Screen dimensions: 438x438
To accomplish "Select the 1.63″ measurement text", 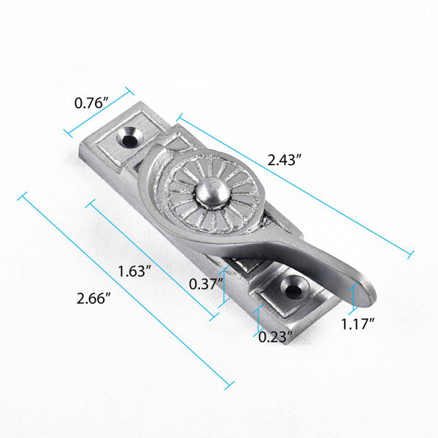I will tap(134, 271).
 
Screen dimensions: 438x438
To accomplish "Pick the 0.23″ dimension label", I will tap(275, 337).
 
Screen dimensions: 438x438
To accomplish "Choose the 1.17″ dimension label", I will tap(360, 322).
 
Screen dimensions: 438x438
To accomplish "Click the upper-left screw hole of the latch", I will tap(132, 137).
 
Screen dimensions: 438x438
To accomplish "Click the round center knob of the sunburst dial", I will tap(207, 192).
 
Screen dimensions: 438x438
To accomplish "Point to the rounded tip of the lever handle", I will tap(367, 296).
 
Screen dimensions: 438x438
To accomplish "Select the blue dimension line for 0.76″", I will tap(99, 113).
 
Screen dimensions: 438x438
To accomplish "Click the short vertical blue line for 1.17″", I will tap(354, 299).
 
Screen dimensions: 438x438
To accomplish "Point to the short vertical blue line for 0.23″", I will tap(260, 319).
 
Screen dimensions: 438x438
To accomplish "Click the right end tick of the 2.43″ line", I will tap(411, 253).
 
